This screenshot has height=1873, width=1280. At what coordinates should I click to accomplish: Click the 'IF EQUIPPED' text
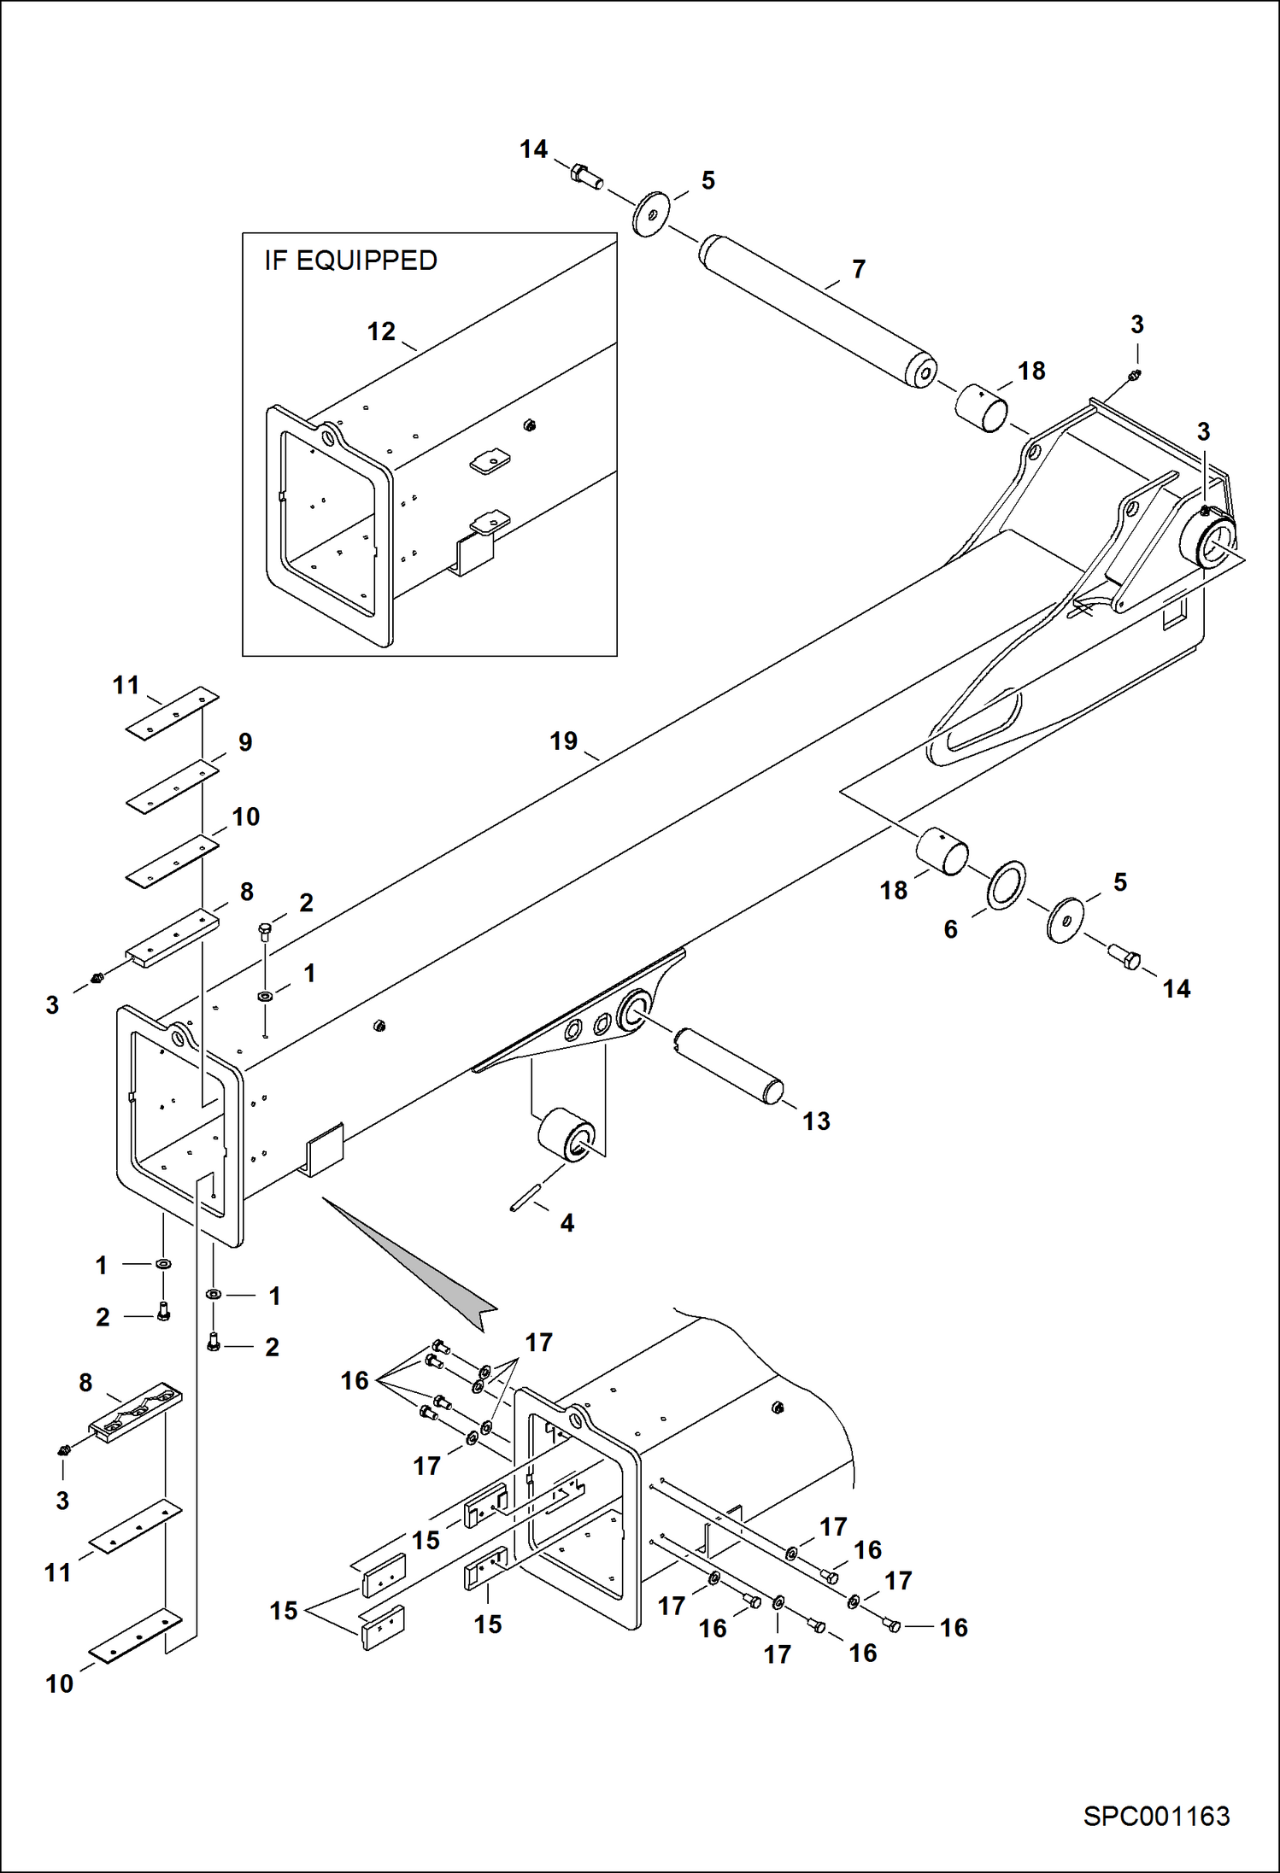click(350, 260)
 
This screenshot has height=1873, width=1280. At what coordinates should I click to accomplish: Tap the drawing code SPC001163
click(1156, 1816)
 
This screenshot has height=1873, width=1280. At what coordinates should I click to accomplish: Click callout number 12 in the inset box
click(381, 331)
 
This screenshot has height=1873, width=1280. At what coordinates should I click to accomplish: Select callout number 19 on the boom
click(563, 741)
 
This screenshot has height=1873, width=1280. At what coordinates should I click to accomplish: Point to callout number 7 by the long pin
click(859, 269)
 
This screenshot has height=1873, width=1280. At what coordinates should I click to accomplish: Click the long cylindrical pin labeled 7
click(816, 312)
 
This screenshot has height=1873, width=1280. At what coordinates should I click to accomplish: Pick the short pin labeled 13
click(729, 1067)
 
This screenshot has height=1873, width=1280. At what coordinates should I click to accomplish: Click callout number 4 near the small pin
click(567, 1223)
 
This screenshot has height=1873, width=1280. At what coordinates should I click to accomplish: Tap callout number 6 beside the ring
click(950, 929)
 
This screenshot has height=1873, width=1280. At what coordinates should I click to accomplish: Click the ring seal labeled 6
click(1007, 886)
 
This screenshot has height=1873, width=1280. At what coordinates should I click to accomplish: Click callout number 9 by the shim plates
click(245, 742)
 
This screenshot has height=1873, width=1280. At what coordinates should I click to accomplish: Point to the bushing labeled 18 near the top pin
click(981, 408)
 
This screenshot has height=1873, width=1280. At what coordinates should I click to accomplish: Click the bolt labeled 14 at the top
click(585, 175)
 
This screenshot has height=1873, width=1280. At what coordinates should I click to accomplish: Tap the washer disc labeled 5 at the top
click(650, 214)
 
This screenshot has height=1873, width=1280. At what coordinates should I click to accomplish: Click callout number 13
click(816, 1121)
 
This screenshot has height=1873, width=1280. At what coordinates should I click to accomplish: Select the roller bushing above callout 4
click(567, 1135)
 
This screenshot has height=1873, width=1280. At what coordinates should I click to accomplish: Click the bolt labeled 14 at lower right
click(1124, 957)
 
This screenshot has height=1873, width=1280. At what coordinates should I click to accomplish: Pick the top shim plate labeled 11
click(173, 712)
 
